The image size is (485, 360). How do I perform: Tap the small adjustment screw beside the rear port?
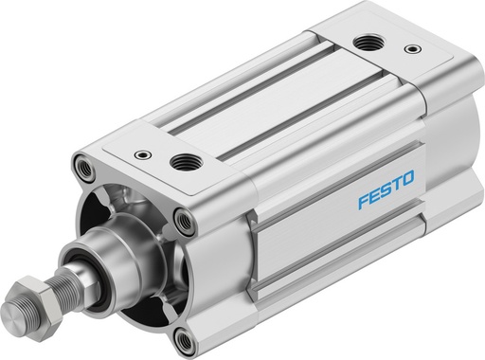pos(409,47)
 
